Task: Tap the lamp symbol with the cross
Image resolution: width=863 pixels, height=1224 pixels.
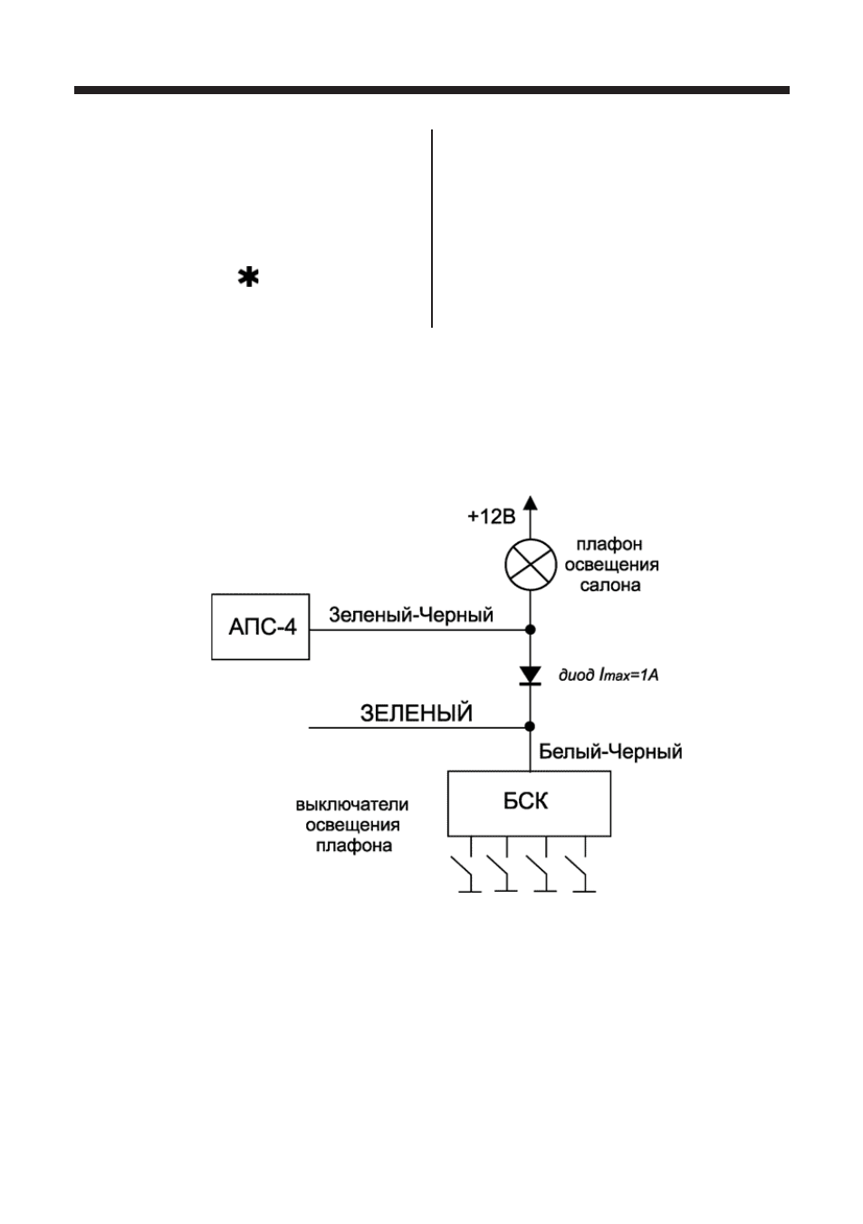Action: (530, 564)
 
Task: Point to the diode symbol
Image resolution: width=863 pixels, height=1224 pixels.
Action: (530, 675)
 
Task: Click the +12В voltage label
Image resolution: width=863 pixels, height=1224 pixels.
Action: (492, 516)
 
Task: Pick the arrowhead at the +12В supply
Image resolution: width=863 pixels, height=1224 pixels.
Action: (530, 502)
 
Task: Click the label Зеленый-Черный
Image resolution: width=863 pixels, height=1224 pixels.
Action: (411, 616)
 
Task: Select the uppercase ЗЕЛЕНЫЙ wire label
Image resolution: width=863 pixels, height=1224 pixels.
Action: (416, 713)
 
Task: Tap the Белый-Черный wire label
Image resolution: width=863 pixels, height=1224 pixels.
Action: (610, 752)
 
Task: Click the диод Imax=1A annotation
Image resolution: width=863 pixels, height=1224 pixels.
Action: (609, 675)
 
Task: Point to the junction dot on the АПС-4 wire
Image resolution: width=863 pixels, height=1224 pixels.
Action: (530, 629)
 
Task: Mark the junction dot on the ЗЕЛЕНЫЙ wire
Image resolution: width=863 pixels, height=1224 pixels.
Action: (530, 726)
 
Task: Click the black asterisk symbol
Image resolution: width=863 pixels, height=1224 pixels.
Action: (248, 278)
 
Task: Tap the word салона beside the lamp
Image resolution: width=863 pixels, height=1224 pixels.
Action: (610, 585)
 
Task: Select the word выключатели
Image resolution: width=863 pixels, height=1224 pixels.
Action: (352, 804)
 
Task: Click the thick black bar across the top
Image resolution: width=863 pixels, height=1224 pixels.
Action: (432, 91)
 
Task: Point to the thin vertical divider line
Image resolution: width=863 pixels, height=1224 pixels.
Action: (432, 228)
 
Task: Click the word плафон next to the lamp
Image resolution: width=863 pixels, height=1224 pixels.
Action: (609, 545)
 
